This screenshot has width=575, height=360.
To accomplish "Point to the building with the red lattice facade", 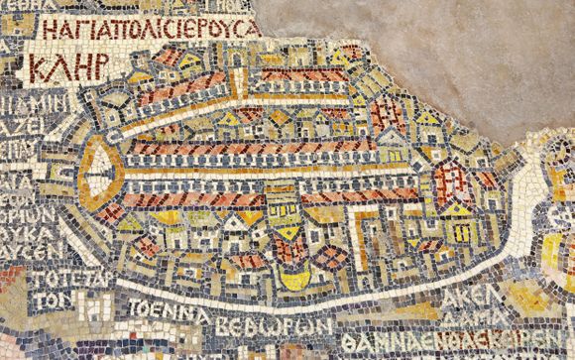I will click(x=449, y=179).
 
